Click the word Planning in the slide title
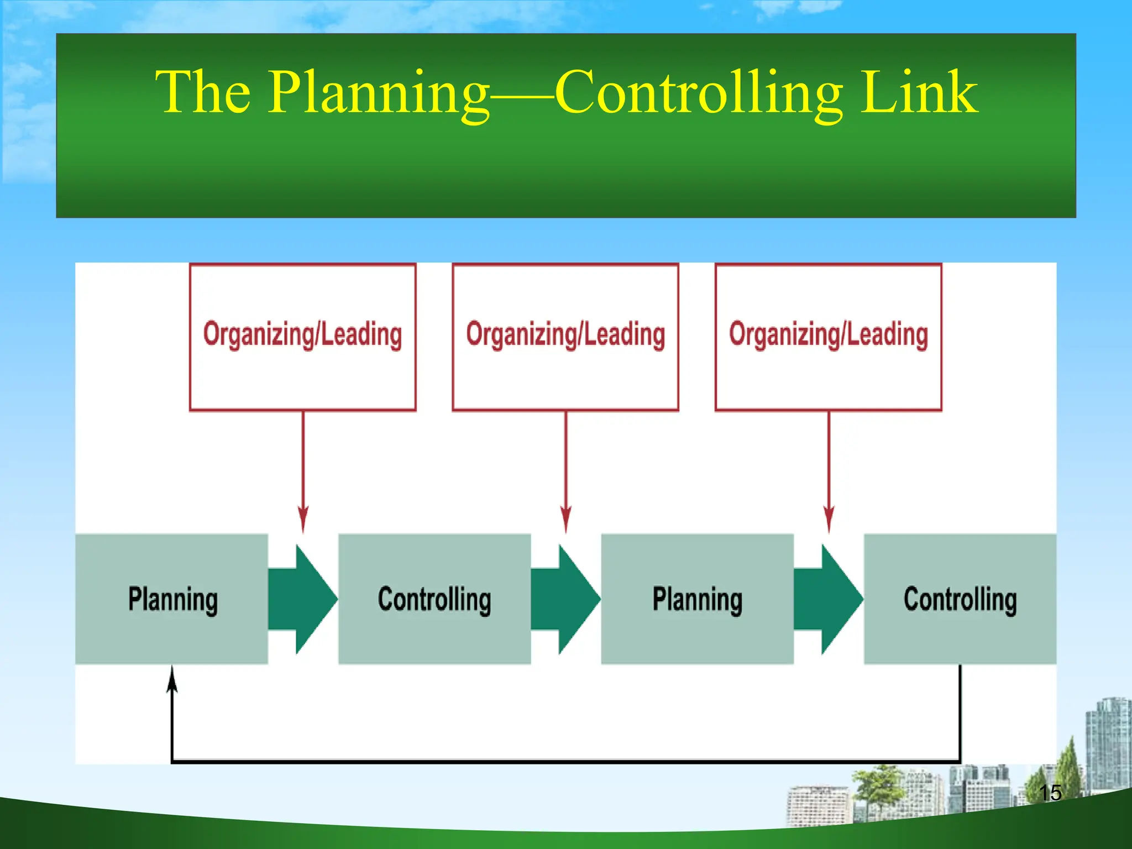[x=379, y=93]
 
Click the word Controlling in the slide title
[x=699, y=93]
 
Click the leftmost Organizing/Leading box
[x=302, y=337]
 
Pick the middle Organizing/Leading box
[x=565, y=337]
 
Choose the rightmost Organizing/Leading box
[x=828, y=337]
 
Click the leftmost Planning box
[x=172, y=599]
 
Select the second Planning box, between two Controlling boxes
[x=697, y=599]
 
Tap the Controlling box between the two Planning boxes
[x=434, y=599]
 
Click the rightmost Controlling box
[x=960, y=599]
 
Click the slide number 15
[x=1050, y=793]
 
